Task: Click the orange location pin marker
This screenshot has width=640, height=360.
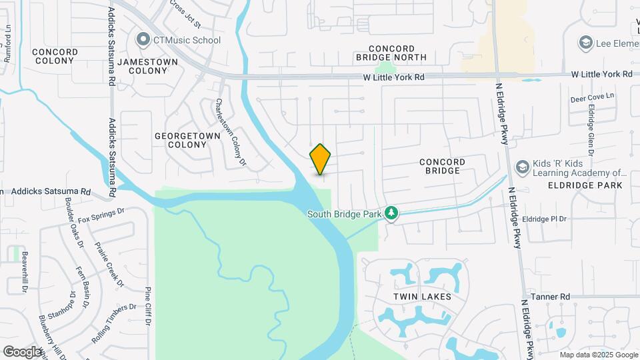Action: (321, 159)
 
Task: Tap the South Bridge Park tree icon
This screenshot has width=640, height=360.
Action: (392, 213)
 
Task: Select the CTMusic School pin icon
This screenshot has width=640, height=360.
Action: (143, 40)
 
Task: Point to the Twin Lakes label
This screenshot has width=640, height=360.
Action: (423, 297)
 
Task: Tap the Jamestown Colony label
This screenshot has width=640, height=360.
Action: (147, 66)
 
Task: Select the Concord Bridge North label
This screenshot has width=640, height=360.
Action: (401, 53)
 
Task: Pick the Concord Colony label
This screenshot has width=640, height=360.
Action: (55, 56)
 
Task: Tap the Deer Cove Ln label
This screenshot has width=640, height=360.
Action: (591, 98)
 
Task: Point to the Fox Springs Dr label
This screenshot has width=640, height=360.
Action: (101, 215)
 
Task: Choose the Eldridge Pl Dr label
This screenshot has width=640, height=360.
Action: (544, 219)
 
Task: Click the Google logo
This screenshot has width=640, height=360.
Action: (22, 351)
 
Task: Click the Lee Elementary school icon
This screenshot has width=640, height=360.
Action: (586, 43)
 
